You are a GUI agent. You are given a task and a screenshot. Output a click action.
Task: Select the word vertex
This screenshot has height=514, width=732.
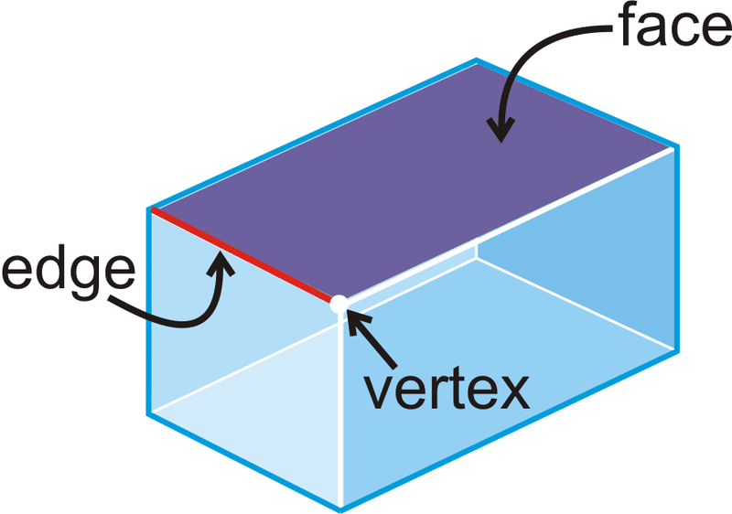[447, 390]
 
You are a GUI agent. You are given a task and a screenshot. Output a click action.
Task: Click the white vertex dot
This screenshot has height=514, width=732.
[339, 304]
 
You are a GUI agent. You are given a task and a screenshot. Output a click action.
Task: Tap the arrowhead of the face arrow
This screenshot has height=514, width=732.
[499, 132]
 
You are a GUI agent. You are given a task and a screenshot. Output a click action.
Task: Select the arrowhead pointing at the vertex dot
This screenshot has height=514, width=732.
[356, 319]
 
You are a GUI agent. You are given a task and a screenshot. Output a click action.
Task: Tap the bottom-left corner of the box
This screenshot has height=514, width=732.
[150, 413]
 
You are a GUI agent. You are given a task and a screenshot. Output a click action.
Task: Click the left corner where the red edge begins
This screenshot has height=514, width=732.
[151, 210]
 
